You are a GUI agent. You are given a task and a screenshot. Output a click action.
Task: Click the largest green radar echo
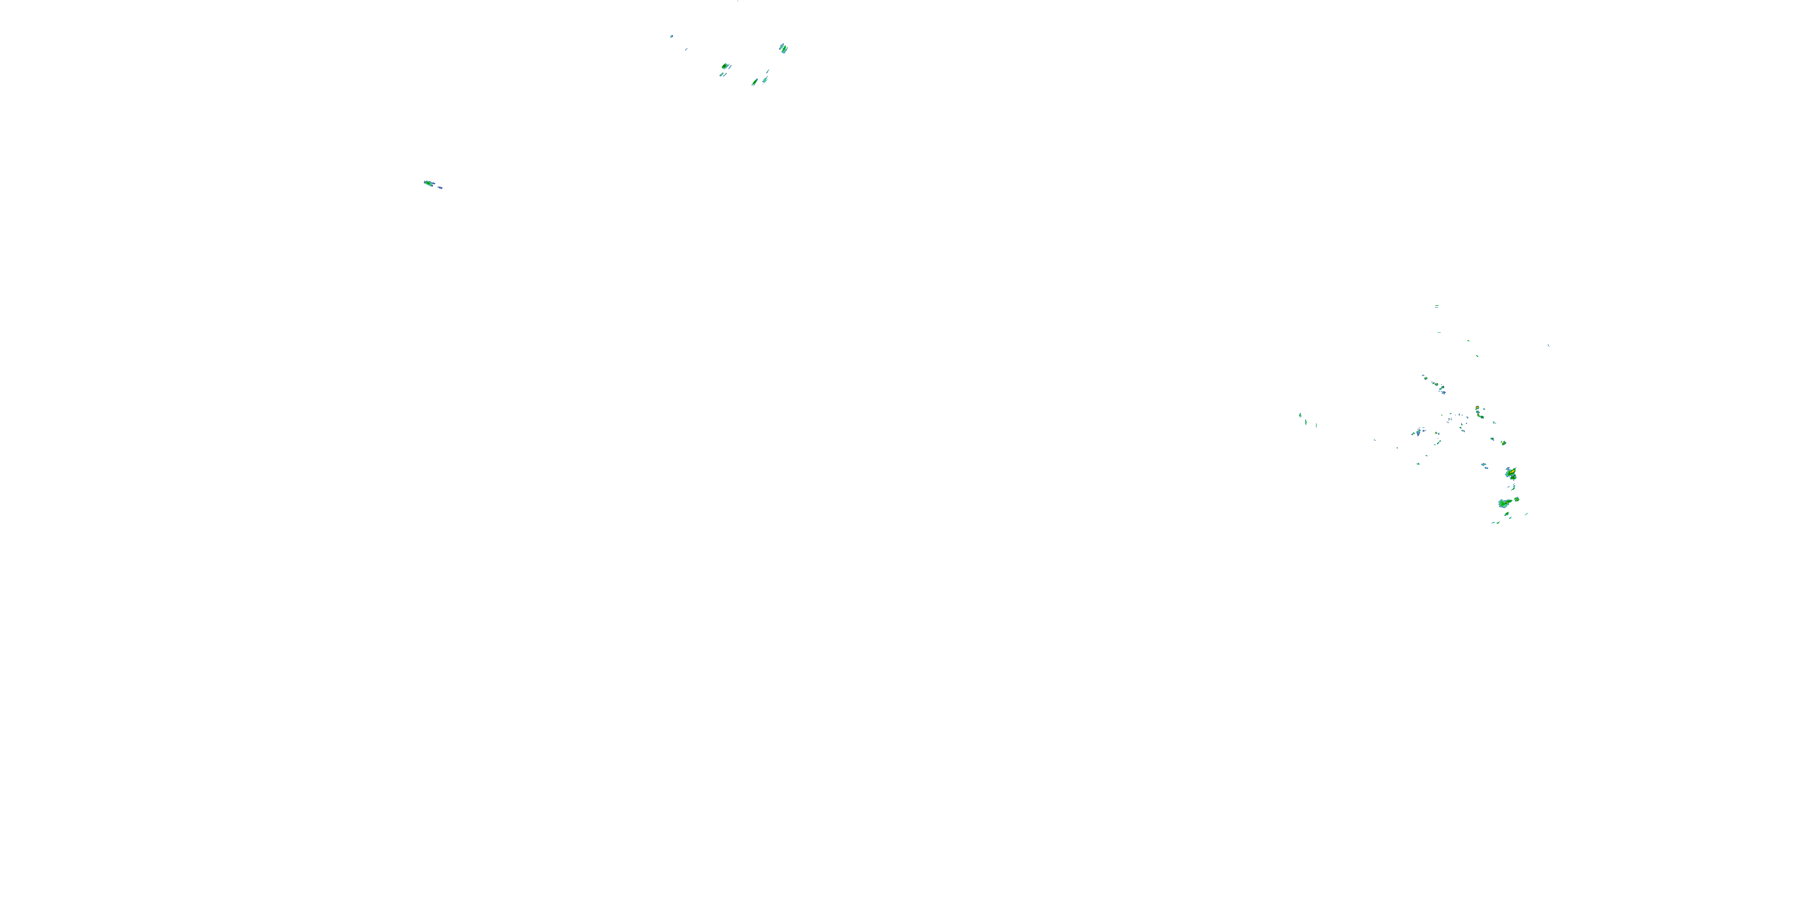[1503, 503]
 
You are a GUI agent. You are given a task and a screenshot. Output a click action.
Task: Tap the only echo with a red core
[1477, 409]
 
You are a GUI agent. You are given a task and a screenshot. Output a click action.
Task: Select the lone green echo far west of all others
[429, 183]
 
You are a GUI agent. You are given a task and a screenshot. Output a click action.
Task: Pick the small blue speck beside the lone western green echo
[439, 187]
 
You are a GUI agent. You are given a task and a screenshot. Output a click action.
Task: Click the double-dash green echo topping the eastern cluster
[1436, 306]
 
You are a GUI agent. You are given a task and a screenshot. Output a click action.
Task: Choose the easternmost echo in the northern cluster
[783, 48]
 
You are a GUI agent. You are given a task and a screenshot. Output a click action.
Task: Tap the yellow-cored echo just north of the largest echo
[1511, 474]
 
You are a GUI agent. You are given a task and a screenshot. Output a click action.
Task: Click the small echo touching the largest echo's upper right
[1516, 499]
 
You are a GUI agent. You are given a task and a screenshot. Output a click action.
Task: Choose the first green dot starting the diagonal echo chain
[1423, 376]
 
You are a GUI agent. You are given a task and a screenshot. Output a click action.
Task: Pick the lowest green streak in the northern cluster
[755, 82]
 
